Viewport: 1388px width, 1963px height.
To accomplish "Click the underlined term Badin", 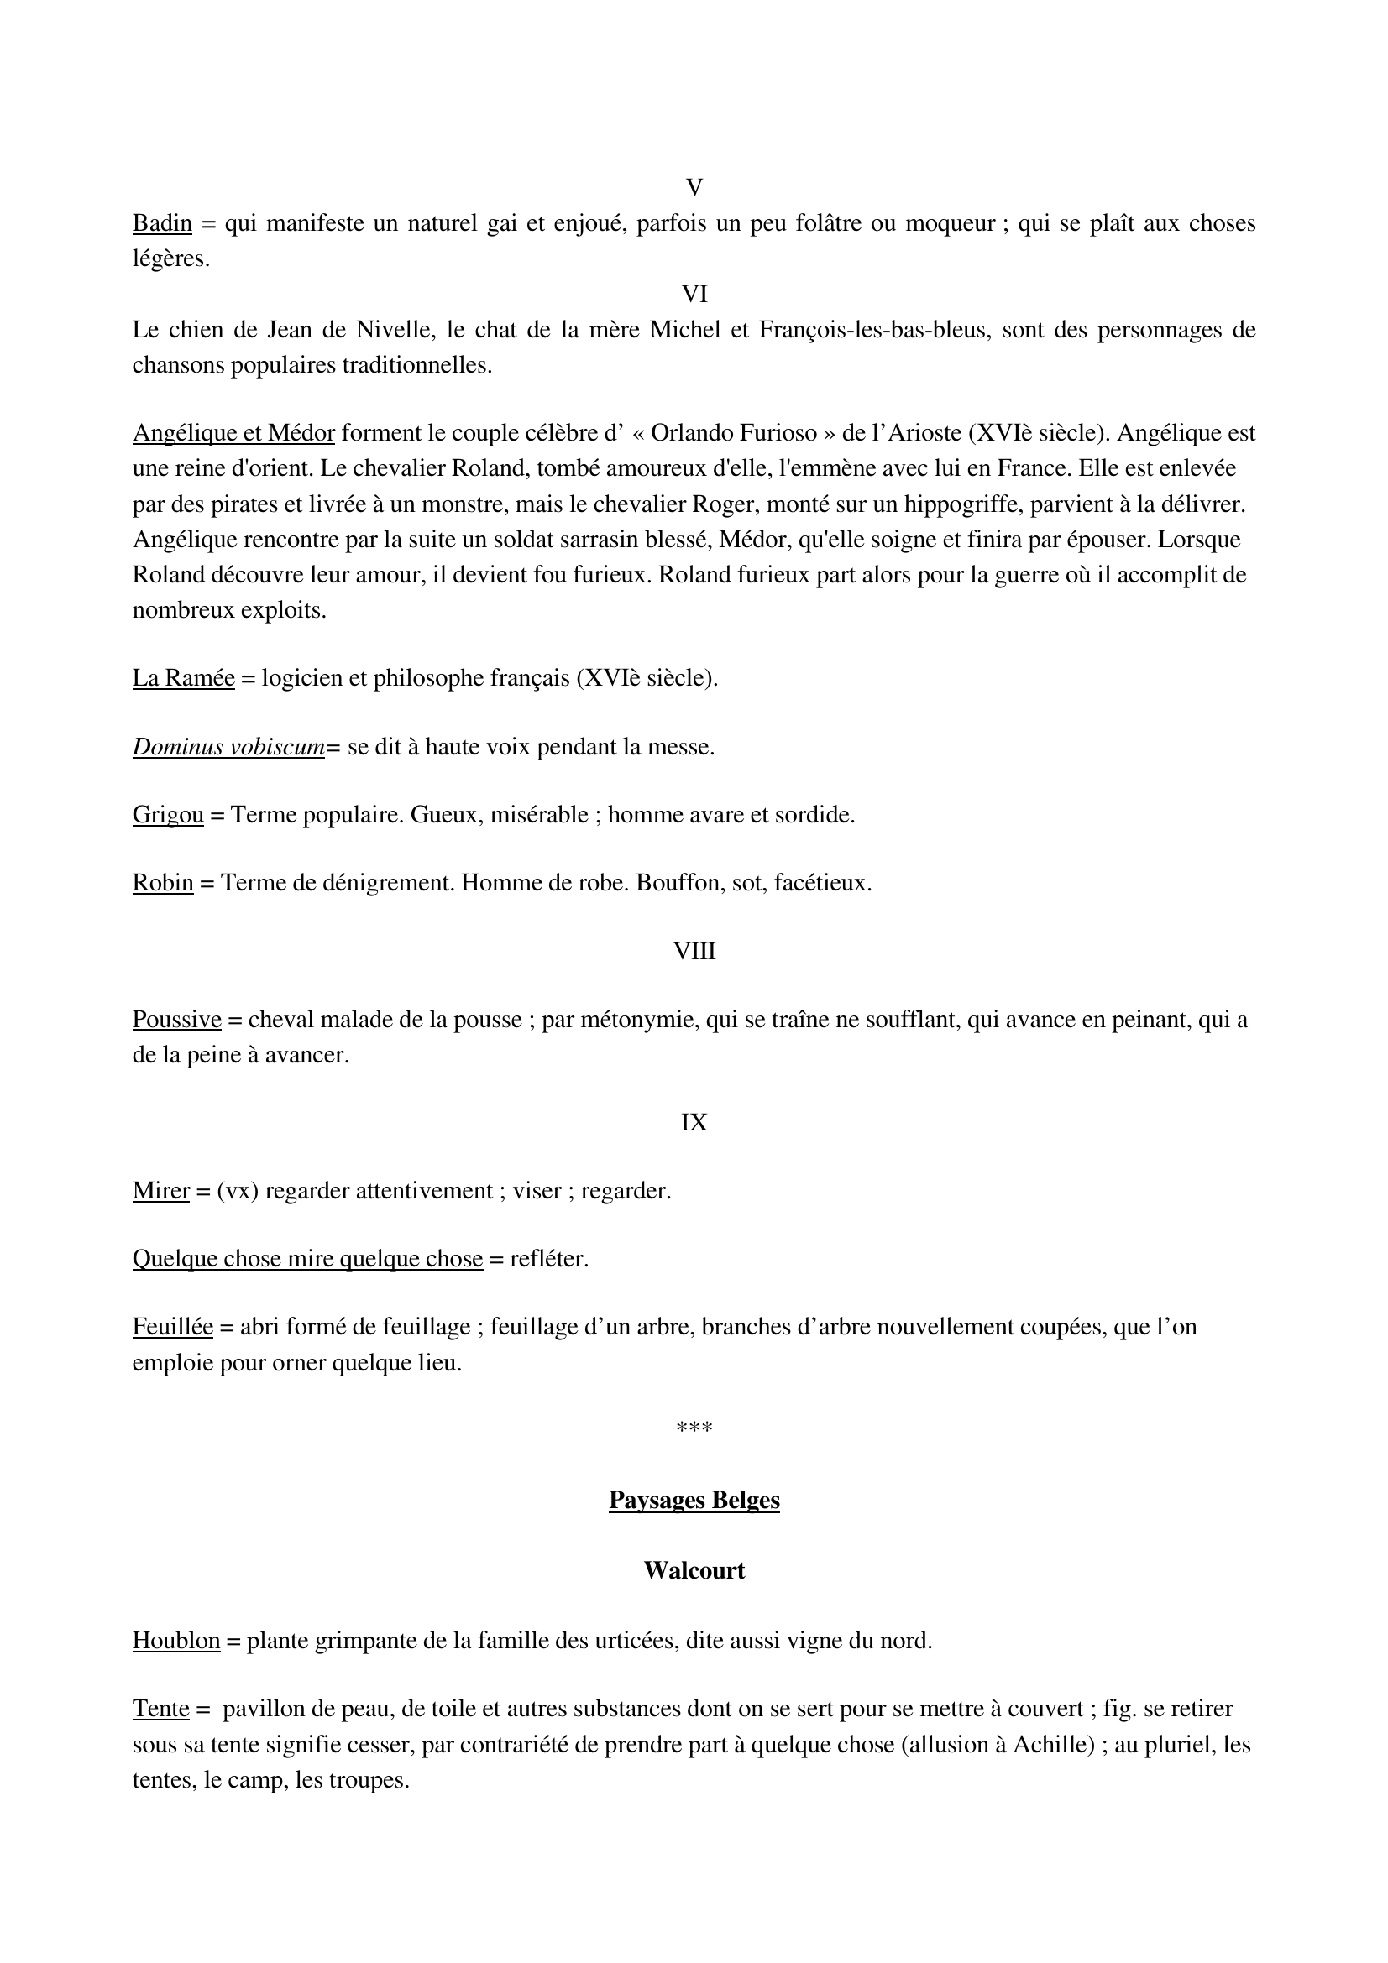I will pos(161,224).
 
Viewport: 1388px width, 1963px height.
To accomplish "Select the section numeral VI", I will pos(694,295).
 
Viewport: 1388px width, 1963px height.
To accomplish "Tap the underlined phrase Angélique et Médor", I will pos(233,433).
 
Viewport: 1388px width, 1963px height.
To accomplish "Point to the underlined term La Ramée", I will pos(183,678).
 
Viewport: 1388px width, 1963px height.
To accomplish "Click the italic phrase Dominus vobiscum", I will pos(228,747).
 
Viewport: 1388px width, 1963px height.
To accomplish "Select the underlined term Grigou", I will pos(168,815).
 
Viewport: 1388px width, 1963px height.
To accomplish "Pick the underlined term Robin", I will pos(163,882).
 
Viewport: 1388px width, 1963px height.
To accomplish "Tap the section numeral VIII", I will pos(694,952).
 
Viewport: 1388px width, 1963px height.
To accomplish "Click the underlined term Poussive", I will pos(176,1020).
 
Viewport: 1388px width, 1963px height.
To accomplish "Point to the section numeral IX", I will pos(694,1123).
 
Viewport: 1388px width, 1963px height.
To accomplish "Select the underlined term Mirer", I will pos(160,1191).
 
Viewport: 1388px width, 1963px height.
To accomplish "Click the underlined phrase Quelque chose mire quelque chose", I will pos(307,1260).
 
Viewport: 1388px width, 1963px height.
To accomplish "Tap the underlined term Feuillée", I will pos(172,1327).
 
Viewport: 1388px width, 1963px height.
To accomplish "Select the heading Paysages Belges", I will pos(694,1501).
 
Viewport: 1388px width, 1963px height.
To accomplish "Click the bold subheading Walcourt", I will pos(694,1570).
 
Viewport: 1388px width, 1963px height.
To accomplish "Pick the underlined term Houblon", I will pos(176,1641).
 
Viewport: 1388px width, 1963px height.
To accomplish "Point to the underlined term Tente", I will pos(160,1709).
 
